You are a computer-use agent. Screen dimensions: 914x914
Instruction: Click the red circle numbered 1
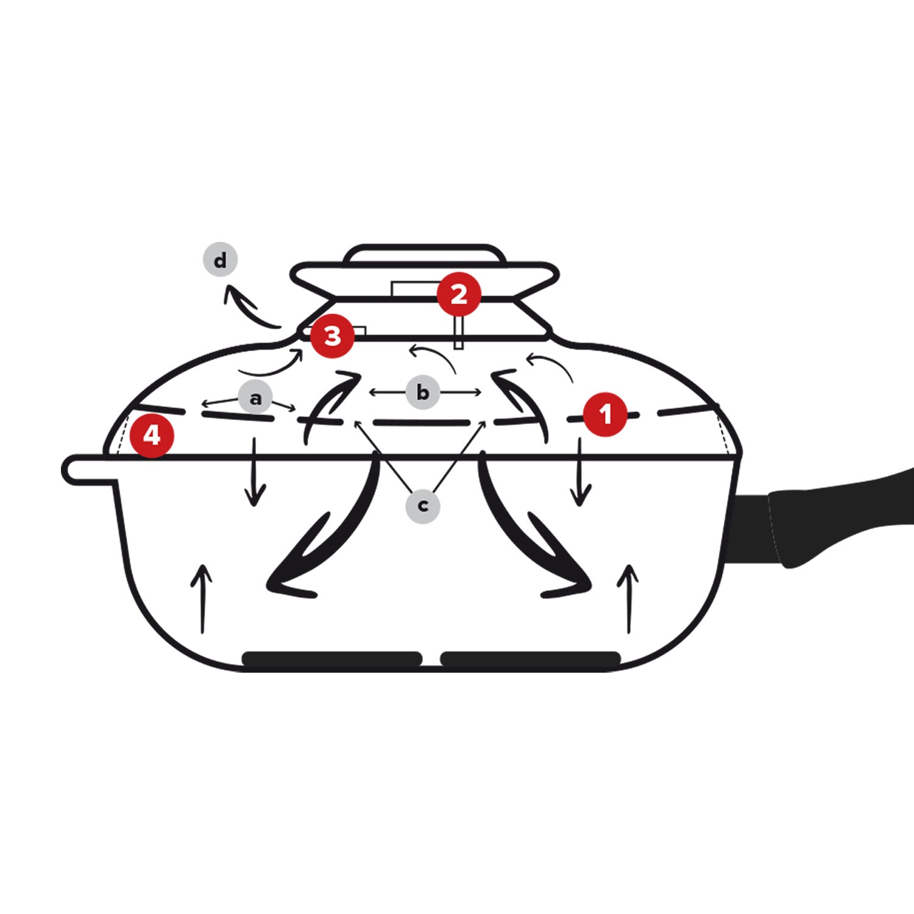pyautogui.click(x=605, y=414)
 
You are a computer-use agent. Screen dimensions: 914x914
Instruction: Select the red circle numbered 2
pyautogui.click(x=459, y=294)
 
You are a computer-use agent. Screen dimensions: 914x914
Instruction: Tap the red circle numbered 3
pyautogui.click(x=333, y=336)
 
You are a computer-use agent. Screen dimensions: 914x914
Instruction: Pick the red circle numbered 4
pyautogui.click(x=152, y=435)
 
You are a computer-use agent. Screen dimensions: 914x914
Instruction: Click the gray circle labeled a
pyautogui.click(x=255, y=398)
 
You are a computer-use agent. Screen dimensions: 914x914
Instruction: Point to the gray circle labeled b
pyautogui.click(x=423, y=392)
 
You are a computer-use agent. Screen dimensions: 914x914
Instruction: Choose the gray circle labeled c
pyautogui.click(x=423, y=505)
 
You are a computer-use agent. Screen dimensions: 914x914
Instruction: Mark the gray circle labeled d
pyautogui.click(x=220, y=260)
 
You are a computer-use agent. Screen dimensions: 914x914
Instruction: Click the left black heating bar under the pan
pyautogui.click(x=332, y=659)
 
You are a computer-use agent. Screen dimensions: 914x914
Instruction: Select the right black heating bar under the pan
pyautogui.click(x=530, y=659)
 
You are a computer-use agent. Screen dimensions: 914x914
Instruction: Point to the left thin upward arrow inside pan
pyautogui.click(x=202, y=598)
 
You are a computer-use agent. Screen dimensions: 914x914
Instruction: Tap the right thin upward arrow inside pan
pyautogui.click(x=629, y=598)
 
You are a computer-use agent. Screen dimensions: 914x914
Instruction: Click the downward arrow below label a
pyautogui.click(x=255, y=472)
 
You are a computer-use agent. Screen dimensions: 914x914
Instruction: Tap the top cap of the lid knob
pyautogui.click(x=425, y=254)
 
